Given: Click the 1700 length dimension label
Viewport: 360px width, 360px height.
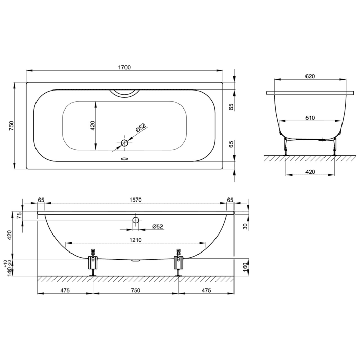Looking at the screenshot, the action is point(124,67).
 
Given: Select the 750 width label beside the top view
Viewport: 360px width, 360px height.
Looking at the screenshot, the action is point(11,125).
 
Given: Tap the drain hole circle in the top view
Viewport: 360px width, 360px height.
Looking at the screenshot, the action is point(124,143).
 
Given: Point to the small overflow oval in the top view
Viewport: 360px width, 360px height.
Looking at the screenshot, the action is point(124,158).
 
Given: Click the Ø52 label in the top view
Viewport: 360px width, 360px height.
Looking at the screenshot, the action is point(140,128).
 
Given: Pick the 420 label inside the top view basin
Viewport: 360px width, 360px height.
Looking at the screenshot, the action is point(92,125).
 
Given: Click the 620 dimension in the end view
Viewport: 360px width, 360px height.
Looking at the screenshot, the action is point(310,76).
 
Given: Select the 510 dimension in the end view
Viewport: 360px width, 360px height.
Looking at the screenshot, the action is point(310,118).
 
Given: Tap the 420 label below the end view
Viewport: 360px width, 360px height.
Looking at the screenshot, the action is point(310,172).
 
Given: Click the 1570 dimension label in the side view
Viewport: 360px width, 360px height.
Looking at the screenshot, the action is point(135,200).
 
